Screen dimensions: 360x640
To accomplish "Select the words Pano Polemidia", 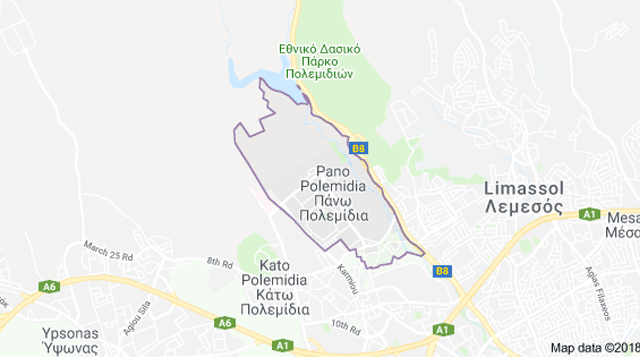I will pos(331,178).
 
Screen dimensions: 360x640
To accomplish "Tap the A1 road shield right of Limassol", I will pos(590,215).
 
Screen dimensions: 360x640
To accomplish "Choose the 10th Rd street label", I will pos(346,326).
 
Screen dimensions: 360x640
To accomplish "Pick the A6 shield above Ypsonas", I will pos(50,287).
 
